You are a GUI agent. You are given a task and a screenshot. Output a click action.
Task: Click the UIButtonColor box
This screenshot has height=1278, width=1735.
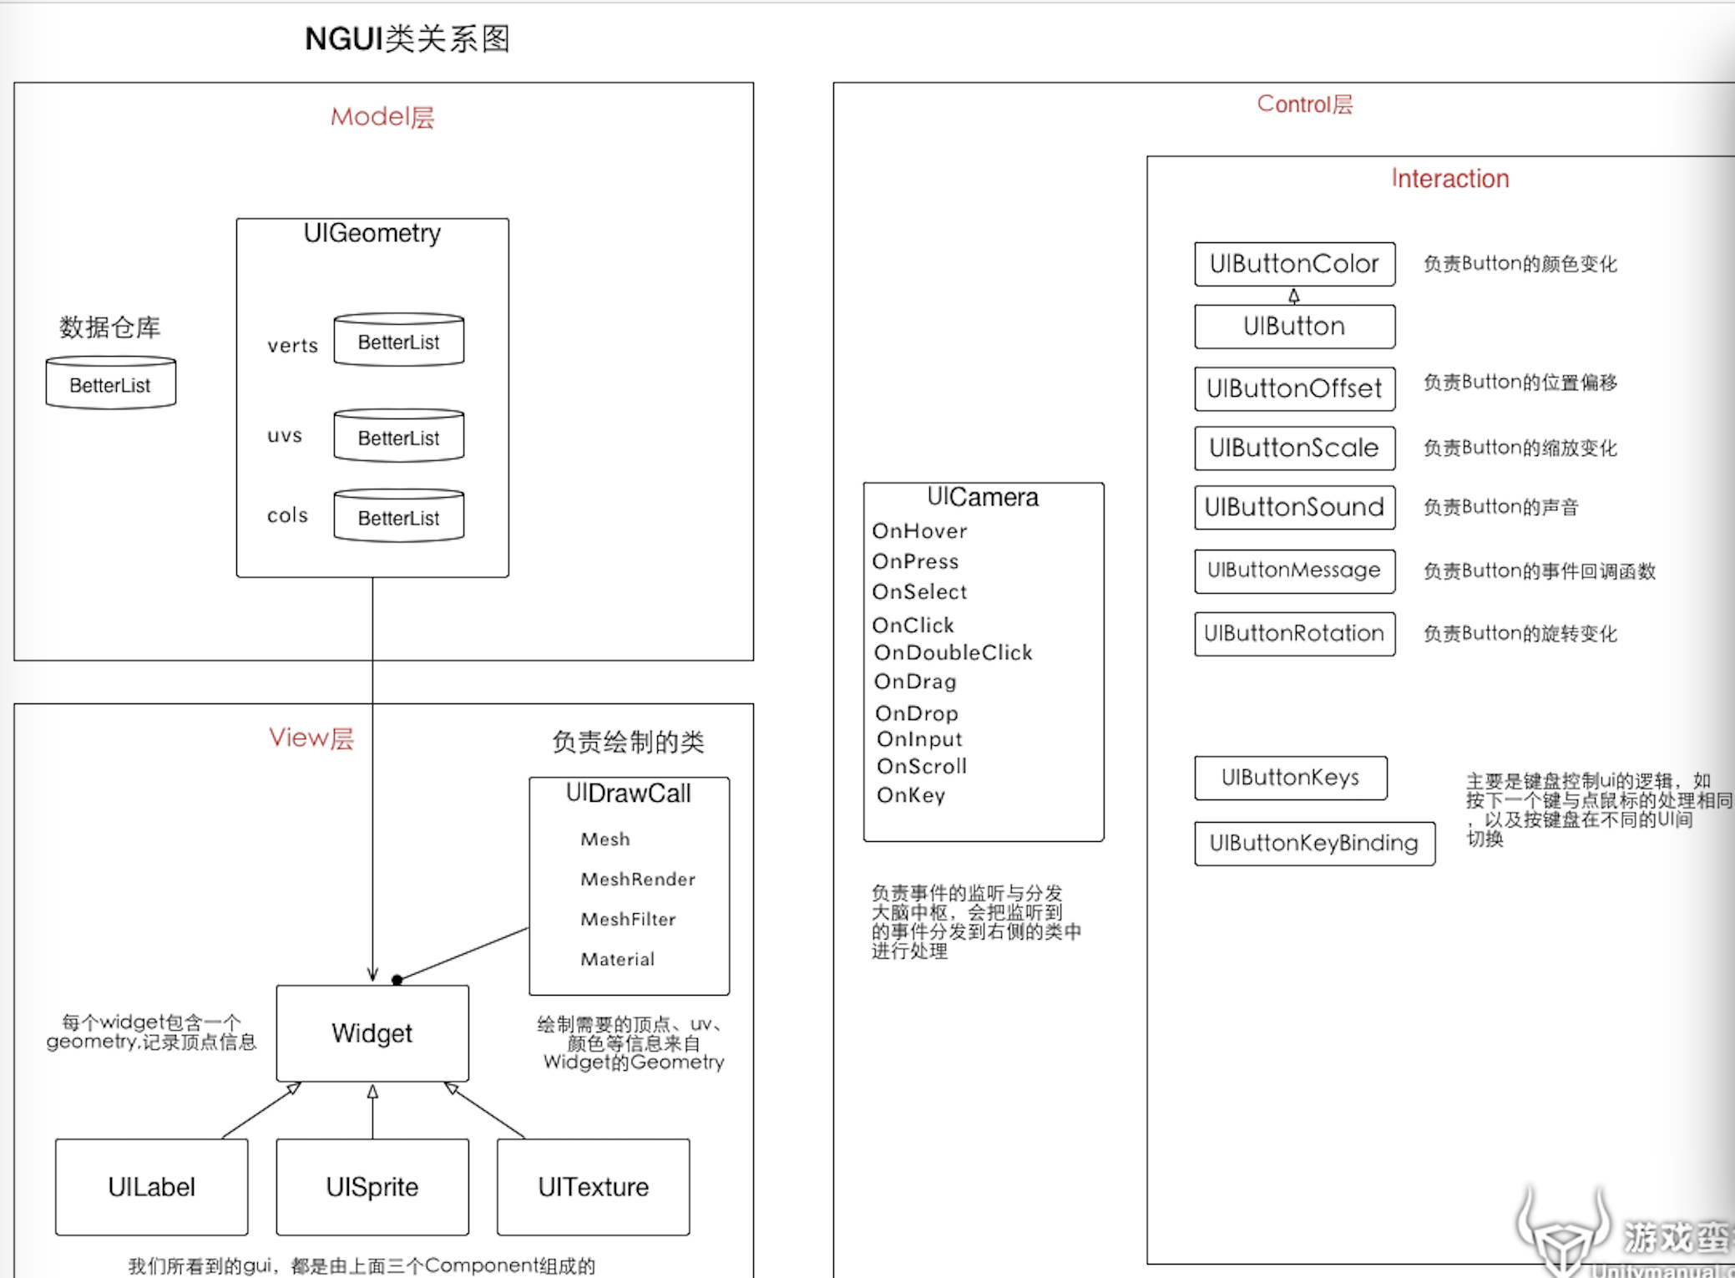1294,264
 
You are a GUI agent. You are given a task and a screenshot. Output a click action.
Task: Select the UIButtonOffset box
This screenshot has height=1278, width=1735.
1294,388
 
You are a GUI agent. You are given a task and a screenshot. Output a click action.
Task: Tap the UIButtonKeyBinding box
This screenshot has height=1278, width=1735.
1314,843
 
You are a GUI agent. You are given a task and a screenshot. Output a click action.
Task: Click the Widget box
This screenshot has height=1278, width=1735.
372,1033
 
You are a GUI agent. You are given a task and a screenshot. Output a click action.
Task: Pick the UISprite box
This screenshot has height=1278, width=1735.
372,1186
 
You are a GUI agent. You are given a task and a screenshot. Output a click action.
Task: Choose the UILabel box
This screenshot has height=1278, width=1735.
151,1186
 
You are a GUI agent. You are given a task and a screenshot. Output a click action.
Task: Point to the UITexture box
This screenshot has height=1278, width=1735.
593,1186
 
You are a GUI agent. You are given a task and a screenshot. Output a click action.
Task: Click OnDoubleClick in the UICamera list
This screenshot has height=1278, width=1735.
953,652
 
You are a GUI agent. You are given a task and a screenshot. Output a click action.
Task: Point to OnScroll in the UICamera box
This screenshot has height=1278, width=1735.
921,766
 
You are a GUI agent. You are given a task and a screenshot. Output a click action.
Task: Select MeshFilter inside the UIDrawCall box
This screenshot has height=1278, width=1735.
628,919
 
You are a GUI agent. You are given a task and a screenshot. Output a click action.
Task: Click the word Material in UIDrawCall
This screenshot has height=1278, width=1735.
617,959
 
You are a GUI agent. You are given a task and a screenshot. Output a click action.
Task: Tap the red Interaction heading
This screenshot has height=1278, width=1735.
1449,179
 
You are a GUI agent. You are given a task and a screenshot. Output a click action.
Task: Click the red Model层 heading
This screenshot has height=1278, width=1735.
382,117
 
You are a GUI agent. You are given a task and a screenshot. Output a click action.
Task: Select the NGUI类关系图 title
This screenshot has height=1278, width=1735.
407,38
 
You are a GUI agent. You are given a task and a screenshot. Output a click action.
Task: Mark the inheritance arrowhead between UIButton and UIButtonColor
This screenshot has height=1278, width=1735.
1293,295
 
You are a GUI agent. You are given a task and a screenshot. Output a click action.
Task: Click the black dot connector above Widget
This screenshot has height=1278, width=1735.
397,980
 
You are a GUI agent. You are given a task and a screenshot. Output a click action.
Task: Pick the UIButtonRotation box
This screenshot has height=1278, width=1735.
1294,634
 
